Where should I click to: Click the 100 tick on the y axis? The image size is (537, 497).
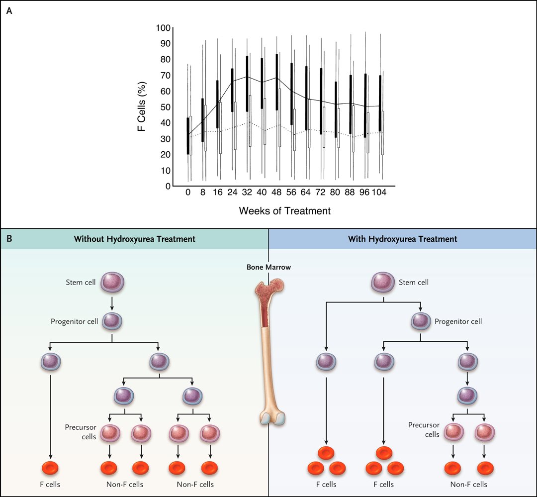click(x=164, y=28)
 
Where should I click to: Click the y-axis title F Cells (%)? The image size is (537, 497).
click(x=142, y=107)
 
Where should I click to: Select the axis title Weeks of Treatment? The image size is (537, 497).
click(x=284, y=211)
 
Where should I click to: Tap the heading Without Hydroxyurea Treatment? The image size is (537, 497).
click(x=134, y=239)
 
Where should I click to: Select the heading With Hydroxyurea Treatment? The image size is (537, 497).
click(x=403, y=239)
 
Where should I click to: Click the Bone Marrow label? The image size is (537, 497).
click(x=268, y=267)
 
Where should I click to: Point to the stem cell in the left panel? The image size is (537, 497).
click(x=112, y=283)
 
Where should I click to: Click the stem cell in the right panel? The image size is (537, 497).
click(x=384, y=283)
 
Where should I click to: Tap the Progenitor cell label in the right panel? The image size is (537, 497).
click(x=458, y=321)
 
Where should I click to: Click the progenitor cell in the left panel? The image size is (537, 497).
click(x=112, y=321)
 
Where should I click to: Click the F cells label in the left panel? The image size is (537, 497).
click(x=50, y=484)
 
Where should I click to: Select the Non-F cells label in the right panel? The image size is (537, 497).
click(x=468, y=484)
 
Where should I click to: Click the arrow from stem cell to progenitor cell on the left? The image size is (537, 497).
click(x=112, y=302)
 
